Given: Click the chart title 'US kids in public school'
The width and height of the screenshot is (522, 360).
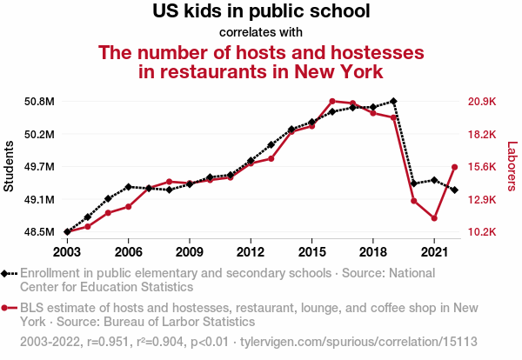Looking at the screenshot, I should [x=261, y=12].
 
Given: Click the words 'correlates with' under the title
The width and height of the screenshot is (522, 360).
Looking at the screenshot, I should [x=261, y=33].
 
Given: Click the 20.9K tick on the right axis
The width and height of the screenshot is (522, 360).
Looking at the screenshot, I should [x=481, y=102].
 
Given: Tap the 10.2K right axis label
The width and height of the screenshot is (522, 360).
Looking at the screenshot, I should [x=481, y=232].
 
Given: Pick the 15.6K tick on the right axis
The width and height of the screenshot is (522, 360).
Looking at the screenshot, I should [x=481, y=167].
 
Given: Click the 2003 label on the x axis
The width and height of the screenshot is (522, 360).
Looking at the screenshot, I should [x=67, y=251].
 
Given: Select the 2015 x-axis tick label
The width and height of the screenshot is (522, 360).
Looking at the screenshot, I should [x=311, y=251].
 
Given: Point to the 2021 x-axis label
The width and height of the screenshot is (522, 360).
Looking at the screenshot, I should [x=434, y=251].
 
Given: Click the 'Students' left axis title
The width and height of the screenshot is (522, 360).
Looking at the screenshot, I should [x=10, y=166].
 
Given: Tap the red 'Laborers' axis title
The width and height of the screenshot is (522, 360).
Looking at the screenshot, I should [x=512, y=166].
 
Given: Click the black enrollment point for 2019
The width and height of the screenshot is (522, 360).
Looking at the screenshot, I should [x=393, y=101].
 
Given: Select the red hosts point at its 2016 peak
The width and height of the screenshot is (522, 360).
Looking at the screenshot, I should [x=332, y=101].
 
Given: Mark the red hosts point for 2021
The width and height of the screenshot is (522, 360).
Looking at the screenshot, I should [x=434, y=218].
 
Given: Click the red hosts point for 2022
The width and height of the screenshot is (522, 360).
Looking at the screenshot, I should [x=454, y=167].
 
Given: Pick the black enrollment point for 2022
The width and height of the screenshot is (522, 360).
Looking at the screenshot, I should [x=454, y=190].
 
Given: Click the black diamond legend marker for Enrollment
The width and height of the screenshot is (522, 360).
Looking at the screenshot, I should [x=5, y=273].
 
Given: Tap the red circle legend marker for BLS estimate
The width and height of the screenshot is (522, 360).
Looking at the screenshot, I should [x=5, y=307].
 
